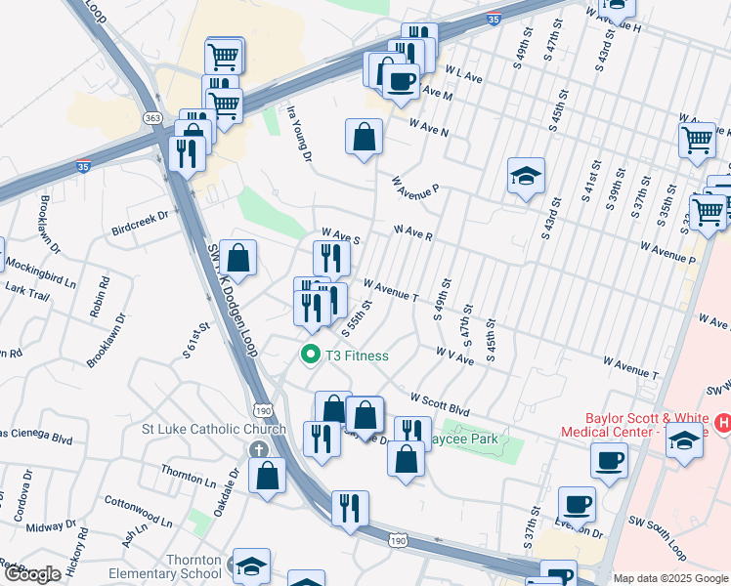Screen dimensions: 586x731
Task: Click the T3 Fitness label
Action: [359, 356]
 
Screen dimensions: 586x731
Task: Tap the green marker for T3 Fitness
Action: [311, 356]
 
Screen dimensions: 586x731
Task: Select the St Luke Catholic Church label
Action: [214, 429]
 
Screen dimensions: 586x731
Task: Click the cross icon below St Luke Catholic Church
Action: [257, 449]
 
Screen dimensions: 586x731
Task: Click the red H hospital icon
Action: [723, 423]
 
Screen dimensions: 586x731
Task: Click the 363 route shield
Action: [151, 117]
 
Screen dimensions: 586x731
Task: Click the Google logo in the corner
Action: [32, 574]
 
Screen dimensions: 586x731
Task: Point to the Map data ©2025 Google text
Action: [670, 578]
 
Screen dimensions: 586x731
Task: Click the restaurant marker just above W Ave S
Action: [331, 257]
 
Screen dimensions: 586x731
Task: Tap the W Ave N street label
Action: [429, 128]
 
